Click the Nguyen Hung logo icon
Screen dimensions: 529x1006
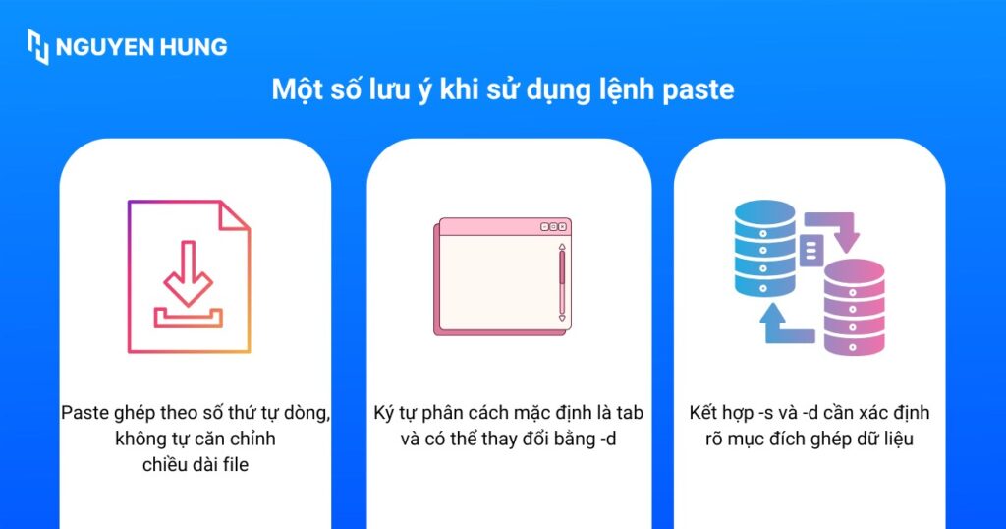(38, 46)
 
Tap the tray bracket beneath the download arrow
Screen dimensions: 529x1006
(188, 318)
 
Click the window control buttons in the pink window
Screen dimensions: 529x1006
(554, 227)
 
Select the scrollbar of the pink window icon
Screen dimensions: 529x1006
(562, 282)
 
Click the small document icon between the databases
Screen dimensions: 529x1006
(810, 251)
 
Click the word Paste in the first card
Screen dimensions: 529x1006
(84, 412)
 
